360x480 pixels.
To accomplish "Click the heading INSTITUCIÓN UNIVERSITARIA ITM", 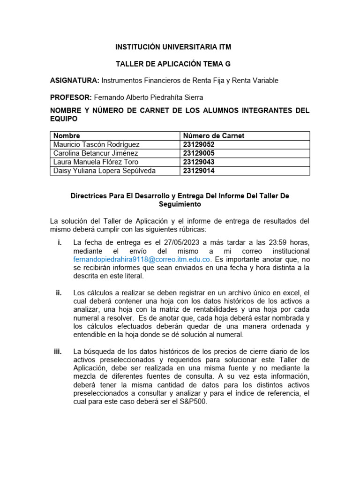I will pyautogui.click(x=173, y=47).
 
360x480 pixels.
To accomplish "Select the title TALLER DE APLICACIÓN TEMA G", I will pyautogui.click(x=173, y=64).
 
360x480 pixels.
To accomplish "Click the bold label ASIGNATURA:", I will pyautogui.click(x=75, y=81).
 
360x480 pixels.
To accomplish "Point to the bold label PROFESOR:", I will pyautogui.click(x=71, y=97).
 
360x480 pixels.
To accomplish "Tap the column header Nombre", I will pyautogui.click(x=67, y=136).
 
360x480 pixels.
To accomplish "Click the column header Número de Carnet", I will pyautogui.click(x=214, y=136).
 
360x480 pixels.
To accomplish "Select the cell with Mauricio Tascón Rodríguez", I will pyautogui.click(x=97, y=144).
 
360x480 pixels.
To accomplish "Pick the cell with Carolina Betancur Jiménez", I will pyautogui.click(x=96, y=153).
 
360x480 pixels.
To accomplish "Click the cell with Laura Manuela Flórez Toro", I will pyautogui.click(x=96, y=162).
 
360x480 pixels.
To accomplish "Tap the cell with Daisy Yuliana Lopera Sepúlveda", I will pyautogui.click(x=105, y=171).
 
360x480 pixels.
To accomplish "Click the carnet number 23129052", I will pyautogui.click(x=199, y=144).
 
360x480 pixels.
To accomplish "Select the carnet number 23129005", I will pyautogui.click(x=199, y=153).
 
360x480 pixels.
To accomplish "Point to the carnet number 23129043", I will pyautogui.click(x=199, y=162).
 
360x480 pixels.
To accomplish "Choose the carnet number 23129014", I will pyautogui.click(x=199, y=171).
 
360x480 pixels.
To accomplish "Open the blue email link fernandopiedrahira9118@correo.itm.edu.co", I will pyautogui.click(x=142, y=259).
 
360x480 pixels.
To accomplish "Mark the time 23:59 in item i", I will pyautogui.click(x=275, y=242).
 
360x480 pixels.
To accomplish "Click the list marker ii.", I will pyautogui.click(x=59, y=293).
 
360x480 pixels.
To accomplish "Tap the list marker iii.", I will pyautogui.click(x=58, y=352).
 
